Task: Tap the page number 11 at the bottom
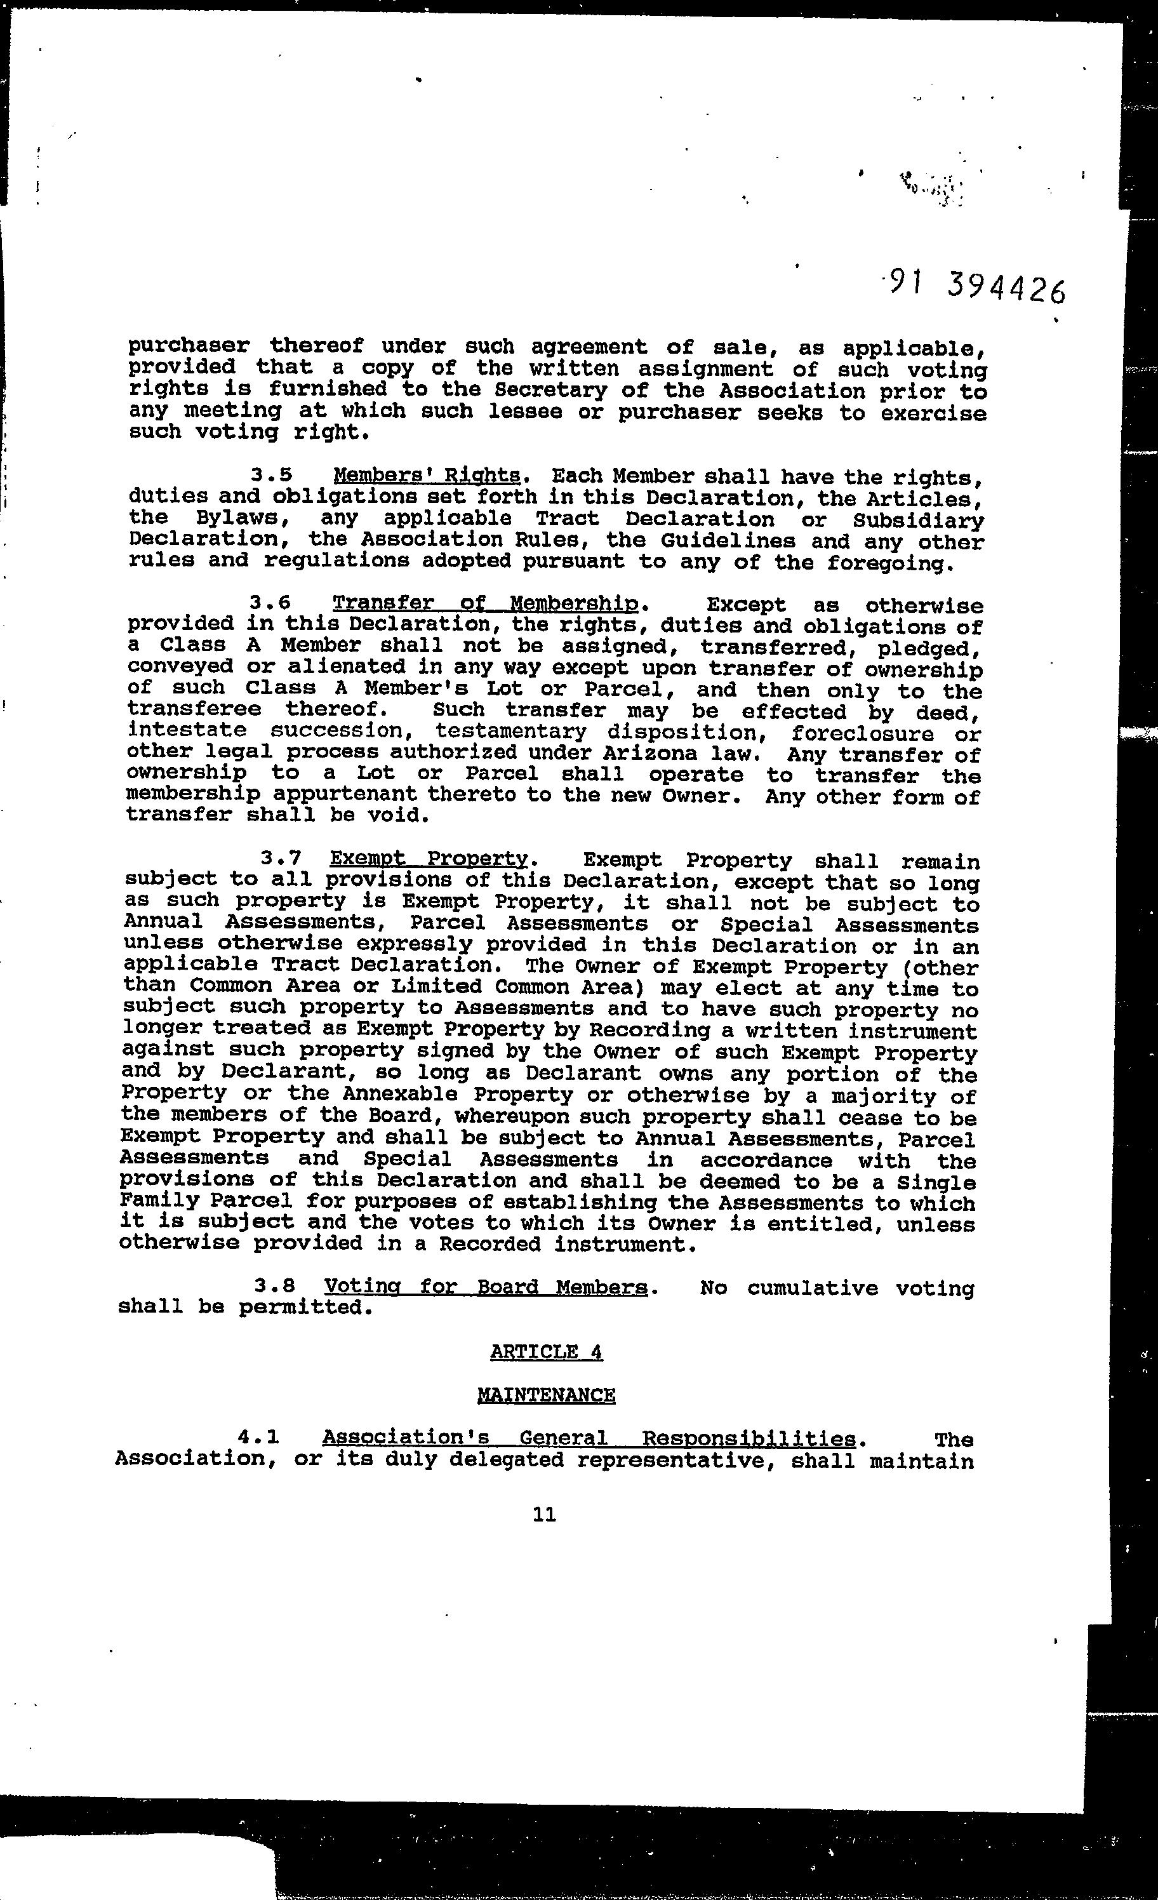[543, 1515]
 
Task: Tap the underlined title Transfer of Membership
[485, 603]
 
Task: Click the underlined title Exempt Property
[428, 859]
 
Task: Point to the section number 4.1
[258, 1437]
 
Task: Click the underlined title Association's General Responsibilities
[589, 1438]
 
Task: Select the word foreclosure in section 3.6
[862, 733]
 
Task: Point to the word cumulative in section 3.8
[812, 1288]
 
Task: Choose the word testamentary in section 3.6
[510, 731]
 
